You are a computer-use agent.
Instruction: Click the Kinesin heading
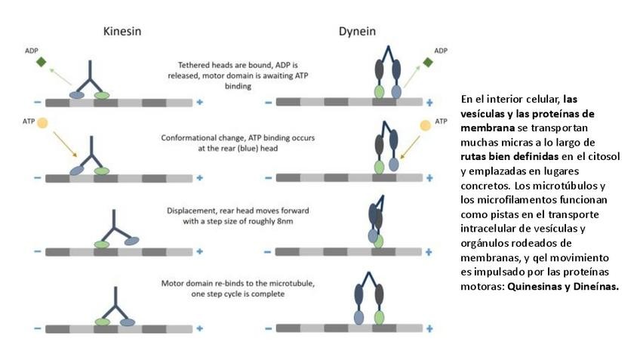122,32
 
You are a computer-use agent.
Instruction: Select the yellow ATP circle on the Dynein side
426,124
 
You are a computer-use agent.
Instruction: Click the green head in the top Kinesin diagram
102,95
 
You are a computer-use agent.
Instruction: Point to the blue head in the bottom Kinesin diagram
127,322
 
